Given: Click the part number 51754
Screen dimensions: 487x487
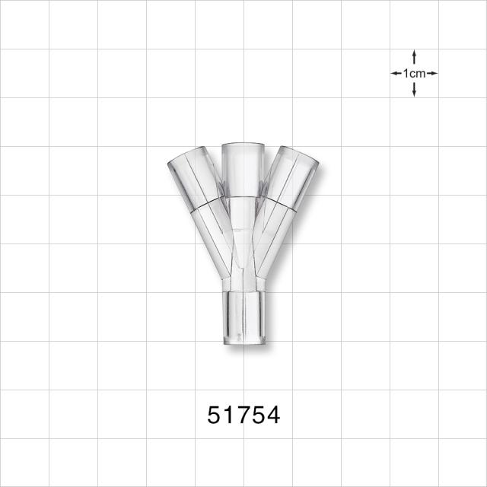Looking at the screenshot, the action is [x=243, y=415].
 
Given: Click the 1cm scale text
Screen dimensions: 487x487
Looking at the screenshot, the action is [x=414, y=74].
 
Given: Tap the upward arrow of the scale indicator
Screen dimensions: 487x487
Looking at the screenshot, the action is [x=414, y=57].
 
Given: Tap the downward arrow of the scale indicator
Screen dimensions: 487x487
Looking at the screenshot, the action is [x=414, y=90].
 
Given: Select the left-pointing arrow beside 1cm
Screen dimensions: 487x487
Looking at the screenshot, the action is [x=396, y=73].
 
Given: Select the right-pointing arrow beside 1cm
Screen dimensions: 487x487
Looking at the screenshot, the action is [x=432, y=73].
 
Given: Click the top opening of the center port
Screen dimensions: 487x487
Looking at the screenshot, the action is [x=243, y=146].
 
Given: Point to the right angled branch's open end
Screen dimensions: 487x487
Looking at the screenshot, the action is [x=299, y=154].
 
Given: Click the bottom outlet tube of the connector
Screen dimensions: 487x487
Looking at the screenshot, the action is [x=244, y=317].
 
